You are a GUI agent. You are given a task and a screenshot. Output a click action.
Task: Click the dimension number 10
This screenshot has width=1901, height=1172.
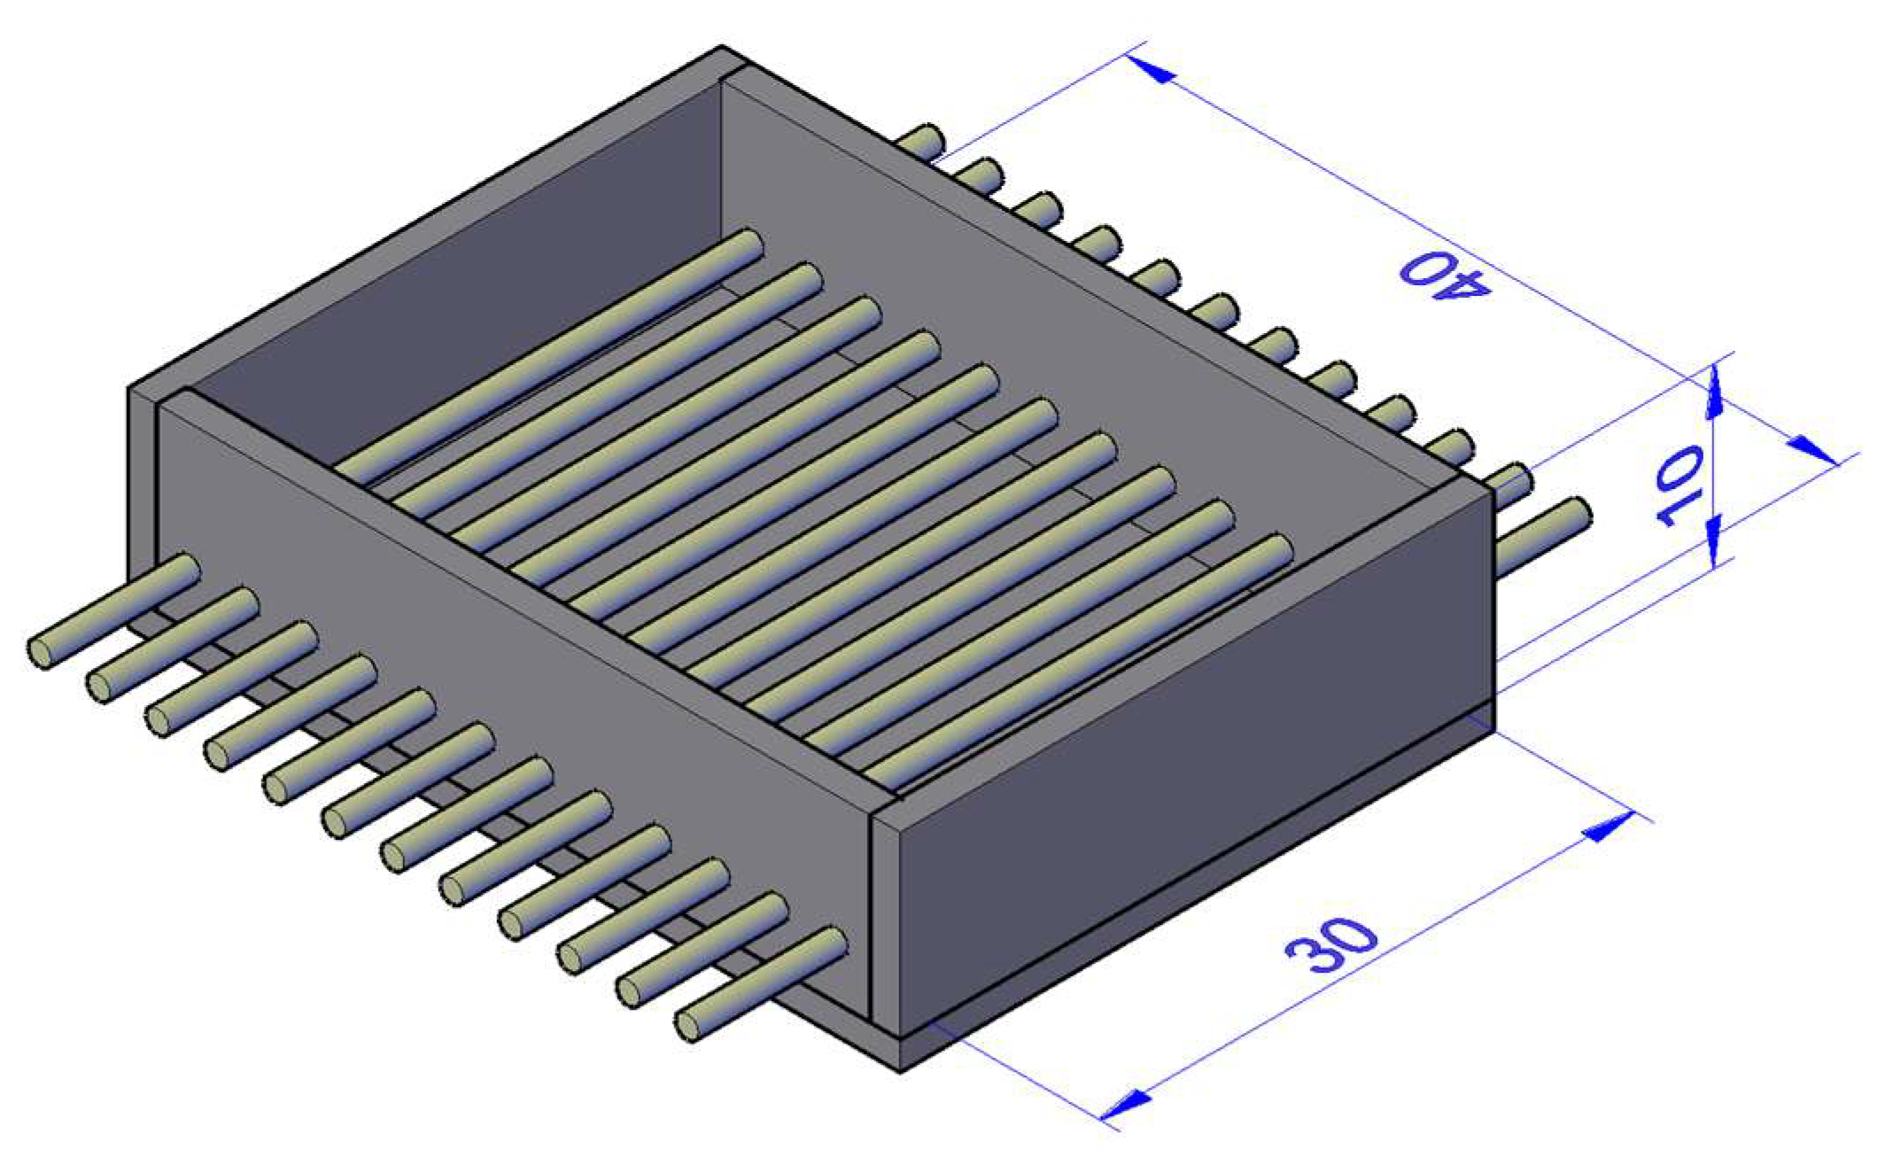click(x=1680, y=486)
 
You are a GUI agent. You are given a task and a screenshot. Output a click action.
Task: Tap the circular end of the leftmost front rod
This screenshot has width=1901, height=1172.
click(x=41, y=653)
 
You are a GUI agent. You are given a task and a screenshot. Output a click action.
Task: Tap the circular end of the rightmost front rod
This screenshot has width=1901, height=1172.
click(x=688, y=1026)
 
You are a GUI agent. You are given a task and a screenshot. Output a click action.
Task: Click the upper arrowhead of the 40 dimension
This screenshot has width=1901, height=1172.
click(x=1152, y=69)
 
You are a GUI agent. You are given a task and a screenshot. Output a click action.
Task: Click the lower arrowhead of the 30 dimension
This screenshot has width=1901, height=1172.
click(x=1126, y=1104)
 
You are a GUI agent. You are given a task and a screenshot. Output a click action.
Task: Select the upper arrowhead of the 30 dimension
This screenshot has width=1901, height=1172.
click(x=1607, y=827)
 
